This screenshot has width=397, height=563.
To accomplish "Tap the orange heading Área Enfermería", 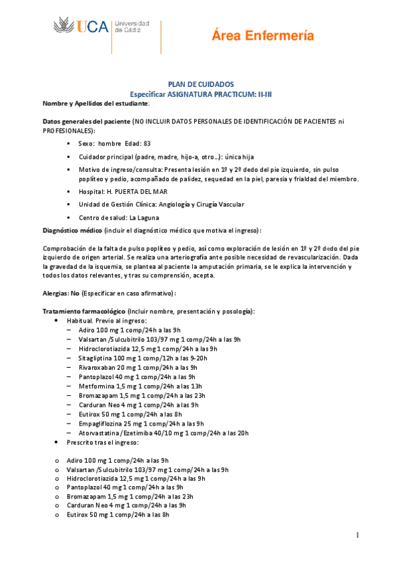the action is pyautogui.click(x=262, y=37).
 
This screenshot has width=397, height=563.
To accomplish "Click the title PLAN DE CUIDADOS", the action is pyautogui.click(x=200, y=84).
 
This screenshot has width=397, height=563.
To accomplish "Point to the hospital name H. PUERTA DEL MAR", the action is pyautogui.click(x=132, y=190).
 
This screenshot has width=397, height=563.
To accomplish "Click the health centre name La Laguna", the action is pyautogui.click(x=144, y=217).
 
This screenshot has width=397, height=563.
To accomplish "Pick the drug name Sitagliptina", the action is pyautogui.click(x=97, y=358).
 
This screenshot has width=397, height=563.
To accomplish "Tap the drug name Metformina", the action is pyautogui.click(x=96, y=386).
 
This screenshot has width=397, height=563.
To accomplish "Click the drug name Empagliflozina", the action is pyautogui.click(x=101, y=423).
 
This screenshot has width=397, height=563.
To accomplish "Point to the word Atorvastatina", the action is pyautogui.click(x=101, y=433).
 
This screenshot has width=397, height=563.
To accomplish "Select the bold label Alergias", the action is pyautogui.click(x=56, y=293).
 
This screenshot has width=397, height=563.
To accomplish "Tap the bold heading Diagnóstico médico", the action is pyautogui.click(x=72, y=230).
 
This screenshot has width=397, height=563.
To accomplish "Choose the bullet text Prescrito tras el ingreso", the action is pyautogui.click(x=102, y=442).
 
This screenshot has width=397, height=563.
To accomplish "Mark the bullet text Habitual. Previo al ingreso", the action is pyautogui.click(x=107, y=321).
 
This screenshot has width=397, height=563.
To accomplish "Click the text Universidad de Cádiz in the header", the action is pyautogui.click(x=132, y=27).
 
